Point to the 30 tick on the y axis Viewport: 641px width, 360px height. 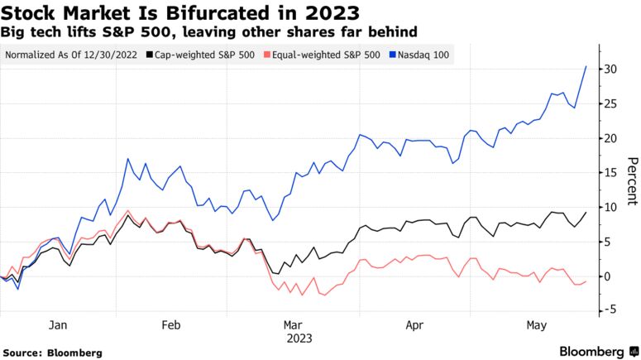[610, 69]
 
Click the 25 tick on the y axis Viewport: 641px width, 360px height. [610, 103]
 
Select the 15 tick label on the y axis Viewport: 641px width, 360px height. [610, 172]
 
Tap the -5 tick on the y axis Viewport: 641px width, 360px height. [610, 310]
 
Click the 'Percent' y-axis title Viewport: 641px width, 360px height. [631, 180]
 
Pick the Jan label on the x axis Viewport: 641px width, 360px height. [57, 326]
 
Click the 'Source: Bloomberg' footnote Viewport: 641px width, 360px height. [52, 353]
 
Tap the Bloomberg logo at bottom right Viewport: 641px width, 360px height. [591, 351]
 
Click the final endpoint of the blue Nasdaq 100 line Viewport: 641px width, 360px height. [586, 66]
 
